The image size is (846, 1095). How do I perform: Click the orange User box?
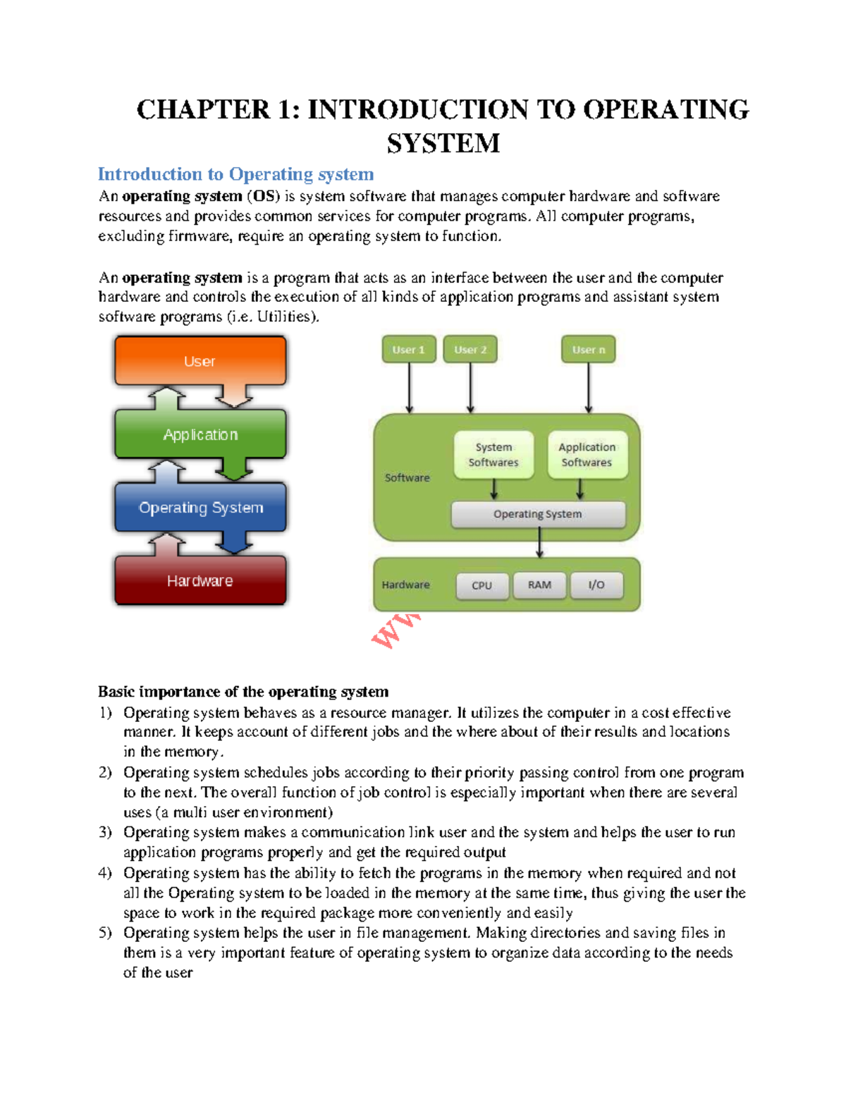200,360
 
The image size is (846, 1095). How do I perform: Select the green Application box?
200,434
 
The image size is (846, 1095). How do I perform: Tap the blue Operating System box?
200,508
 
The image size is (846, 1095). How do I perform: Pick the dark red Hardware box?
200,580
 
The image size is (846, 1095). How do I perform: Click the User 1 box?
409,350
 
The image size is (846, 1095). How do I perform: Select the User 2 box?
470,350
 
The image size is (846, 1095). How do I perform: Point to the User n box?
588,350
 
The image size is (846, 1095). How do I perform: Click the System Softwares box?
493,455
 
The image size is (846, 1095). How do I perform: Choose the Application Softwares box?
587,455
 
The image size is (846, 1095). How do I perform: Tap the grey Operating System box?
538,514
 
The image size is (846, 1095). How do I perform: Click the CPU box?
482,585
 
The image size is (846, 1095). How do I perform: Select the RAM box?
540,585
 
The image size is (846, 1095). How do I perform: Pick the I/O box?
596,585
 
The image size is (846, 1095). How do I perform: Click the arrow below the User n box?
589,388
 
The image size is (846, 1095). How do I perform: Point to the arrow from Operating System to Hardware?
539,543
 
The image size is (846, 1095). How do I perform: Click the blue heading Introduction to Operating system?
235,174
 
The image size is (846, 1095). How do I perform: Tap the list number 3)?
105,833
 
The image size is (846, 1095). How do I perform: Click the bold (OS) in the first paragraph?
264,196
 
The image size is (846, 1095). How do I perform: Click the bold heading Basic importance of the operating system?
243,692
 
